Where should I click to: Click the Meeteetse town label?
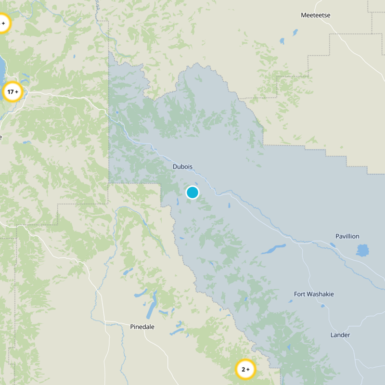pyautogui.click(x=316, y=15)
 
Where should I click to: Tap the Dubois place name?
pyautogui.click(x=182, y=167)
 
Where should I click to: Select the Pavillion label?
pyautogui.click(x=347, y=236)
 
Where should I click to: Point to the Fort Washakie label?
pyautogui.click(x=314, y=294)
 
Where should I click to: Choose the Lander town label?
pyautogui.click(x=340, y=335)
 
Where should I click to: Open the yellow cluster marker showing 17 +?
pyautogui.click(x=13, y=91)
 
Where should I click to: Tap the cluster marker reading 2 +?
pyautogui.click(x=245, y=370)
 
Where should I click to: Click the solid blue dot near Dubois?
pyautogui.click(x=192, y=192)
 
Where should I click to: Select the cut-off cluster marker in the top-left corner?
pyautogui.click(x=2, y=23)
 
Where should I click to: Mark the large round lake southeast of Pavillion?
pyautogui.click(x=363, y=250)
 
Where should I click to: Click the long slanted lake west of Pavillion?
pyautogui.click(x=273, y=249)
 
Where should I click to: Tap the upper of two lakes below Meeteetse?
pyautogui.click(x=294, y=33)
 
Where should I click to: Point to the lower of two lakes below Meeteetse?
pyautogui.click(x=282, y=41)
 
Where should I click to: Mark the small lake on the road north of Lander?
pyautogui.click(x=290, y=301)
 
